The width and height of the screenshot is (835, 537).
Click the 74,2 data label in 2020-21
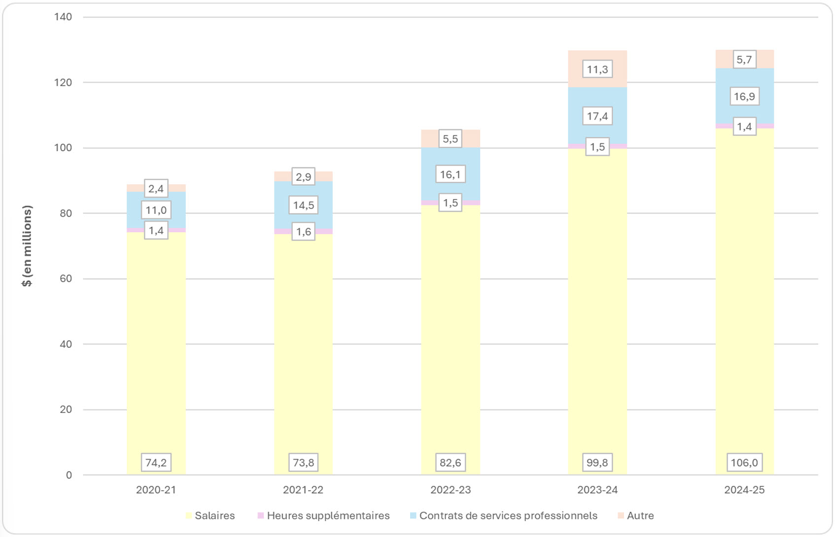pos(156,462)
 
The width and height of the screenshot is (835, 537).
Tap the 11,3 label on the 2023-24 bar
pos(597,69)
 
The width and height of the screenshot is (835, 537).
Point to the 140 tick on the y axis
pos(63,17)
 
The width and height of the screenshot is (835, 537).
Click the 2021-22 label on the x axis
pos(303,490)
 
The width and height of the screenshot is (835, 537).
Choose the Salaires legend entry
pos(210,515)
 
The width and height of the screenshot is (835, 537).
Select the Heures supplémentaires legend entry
pos(324,515)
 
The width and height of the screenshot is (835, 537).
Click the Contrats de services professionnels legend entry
pos(504,515)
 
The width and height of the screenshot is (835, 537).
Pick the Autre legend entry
pos(636,515)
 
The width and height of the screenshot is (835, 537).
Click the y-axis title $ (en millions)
pos(27,246)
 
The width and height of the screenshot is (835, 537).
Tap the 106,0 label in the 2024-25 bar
pos(744,462)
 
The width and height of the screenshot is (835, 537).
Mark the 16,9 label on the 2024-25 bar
pos(744,96)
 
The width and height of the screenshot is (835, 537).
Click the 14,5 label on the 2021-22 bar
pos(303,205)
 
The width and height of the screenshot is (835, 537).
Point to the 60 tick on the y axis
pos(66,278)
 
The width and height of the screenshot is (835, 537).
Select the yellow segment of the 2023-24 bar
pos(597,305)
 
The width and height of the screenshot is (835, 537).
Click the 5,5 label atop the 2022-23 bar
pos(450,138)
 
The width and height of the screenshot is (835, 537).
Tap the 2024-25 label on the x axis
pos(744,490)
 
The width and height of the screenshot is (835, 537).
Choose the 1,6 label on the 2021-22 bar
pos(303,232)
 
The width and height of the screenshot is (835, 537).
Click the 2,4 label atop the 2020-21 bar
pos(156,188)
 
